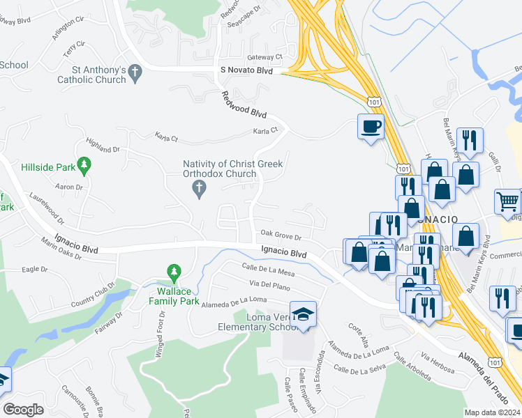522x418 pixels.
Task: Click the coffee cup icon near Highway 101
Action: tap(371, 127)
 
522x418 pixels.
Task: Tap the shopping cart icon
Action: tap(507, 202)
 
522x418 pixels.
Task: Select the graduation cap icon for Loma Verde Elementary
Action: tap(304, 314)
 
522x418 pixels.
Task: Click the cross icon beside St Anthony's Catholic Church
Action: tap(135, 70)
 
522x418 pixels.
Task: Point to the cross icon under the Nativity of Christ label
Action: tap(198, 187)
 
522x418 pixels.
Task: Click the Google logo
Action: tap(23, 409)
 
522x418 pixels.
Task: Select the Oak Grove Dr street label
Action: tap(281, 235)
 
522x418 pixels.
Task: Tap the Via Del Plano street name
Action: tap(269, 285)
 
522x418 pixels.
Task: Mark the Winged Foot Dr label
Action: tap(160, 325)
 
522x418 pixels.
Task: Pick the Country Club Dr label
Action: tap(91, 296)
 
